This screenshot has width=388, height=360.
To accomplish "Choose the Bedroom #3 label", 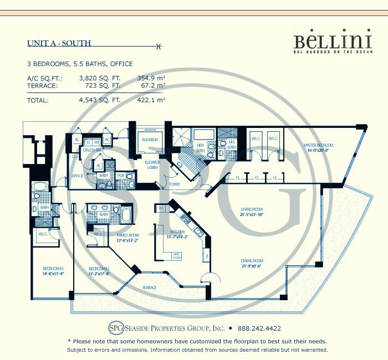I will [x=49, y=270].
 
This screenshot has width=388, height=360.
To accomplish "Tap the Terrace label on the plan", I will [x=148, y=287].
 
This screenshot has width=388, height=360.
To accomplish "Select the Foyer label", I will [x=175, y=184].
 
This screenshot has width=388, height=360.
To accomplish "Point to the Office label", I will [x=77, y=176].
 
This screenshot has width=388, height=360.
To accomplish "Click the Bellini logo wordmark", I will [x=324, y=40].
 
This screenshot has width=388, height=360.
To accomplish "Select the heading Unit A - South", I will [x=59, y=43].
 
